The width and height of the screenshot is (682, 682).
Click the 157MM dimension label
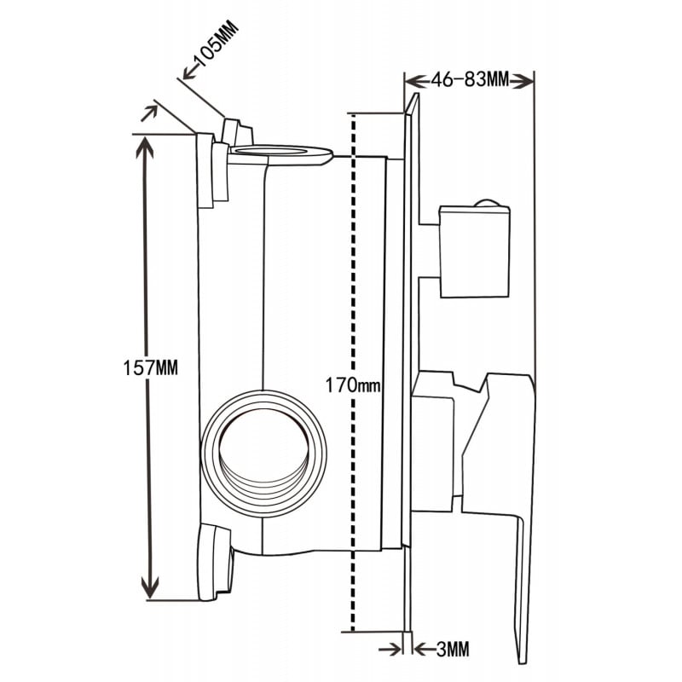[x=150, y=367]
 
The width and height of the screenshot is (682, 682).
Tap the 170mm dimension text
[x=352, y=385]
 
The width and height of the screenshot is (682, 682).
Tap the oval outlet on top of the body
[x=281, y=153]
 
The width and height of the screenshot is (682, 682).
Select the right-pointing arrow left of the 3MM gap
[x=396, y=650]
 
